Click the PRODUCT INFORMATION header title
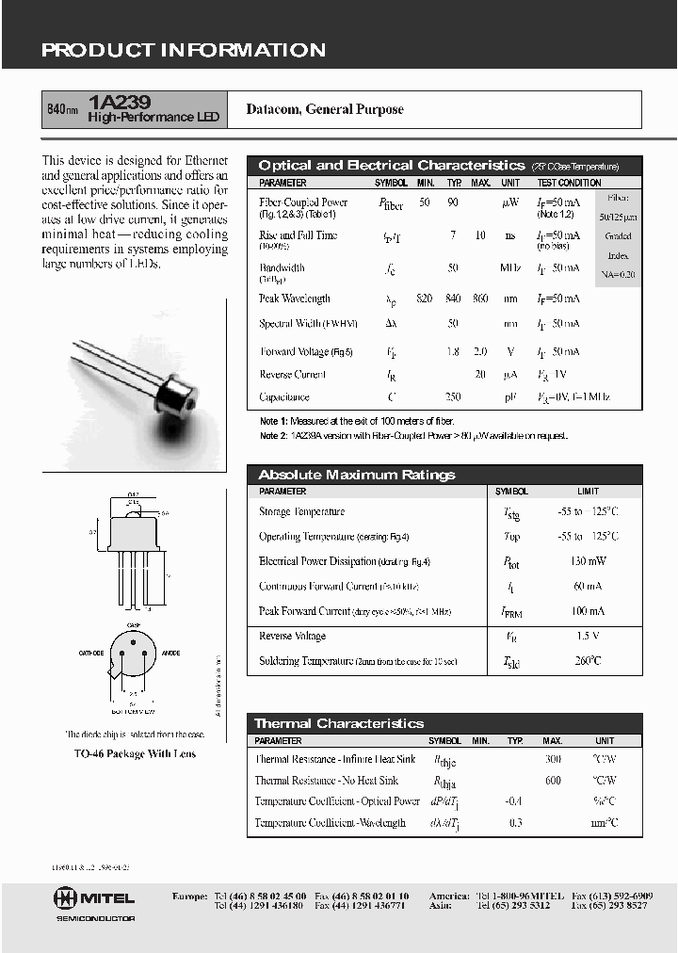184,51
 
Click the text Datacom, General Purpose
325,109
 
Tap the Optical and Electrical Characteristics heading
391,165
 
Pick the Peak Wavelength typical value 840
453,299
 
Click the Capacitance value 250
453,397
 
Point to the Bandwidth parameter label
282,267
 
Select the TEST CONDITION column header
569,183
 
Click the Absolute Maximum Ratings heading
357,475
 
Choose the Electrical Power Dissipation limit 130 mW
588,561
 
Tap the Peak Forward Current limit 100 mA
588,611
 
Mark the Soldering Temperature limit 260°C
588,661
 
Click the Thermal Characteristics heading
339,723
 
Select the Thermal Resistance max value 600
553,780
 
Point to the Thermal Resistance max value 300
553,758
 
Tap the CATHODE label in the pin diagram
91,653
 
